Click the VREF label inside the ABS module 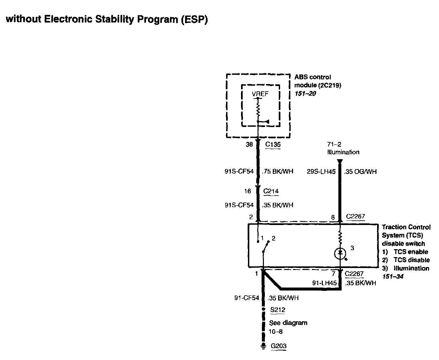pyautogui.click(x=260, y=94)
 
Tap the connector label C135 pyautogui.click(x=273, y=145)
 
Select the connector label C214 pyautogui.click(x=271, y=191)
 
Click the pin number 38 pyautogui.click(x=249, y=145)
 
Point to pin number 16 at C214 pyautogui.click(x=247, y=191)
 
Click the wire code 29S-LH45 pyautogui.click(x=321, y=172)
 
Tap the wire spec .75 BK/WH pyautogui.click(x=277, y=172)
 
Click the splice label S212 pyautogui.click(x=277, y=310)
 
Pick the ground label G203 pyautogui.click(x=278, y=346)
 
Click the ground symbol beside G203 pyautogui.click(x=263, y=346)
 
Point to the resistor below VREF pyautogui.click(x=258, y=110)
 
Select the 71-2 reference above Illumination pyautogui.click(x=334, y=144)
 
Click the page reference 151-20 pyautogui.click(x=305, y=94)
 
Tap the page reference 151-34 pyautogui.click(x=393, y=277)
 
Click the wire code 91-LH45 pyautogui.click(x=324, y=283)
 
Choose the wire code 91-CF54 pyautogui.click(x=247, y=298)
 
